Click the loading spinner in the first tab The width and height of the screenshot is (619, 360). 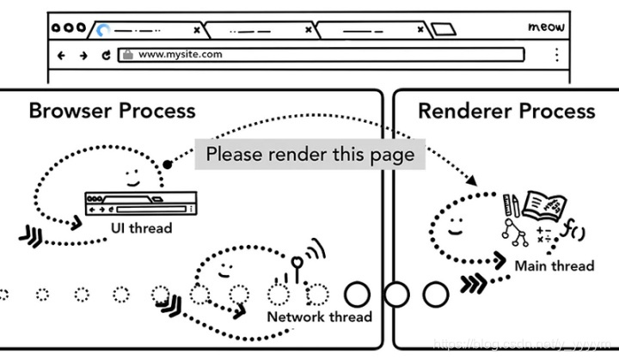coord(104,29)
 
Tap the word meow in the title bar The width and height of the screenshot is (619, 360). coord(546,27)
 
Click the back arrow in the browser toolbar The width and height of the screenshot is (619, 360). coord(61,54)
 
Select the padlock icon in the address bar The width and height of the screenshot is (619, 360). coord(128,54)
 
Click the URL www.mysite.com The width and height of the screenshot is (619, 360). coord(180,54)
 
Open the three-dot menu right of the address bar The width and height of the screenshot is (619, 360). coord(556,54)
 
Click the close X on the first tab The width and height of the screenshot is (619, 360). coord(196,29)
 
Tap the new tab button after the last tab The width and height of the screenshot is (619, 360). coord(443,29)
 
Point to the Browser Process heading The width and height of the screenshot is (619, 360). coord(112,111)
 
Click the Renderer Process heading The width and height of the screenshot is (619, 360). coord(506,111)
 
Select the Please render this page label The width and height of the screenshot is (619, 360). coord(309,155)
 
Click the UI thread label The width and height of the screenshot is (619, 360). coord(141,228)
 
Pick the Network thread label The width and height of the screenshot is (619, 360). coord(319,316)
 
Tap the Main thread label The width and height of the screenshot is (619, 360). coord(554,265)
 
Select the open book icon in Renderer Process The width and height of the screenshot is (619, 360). coord(543,207)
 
